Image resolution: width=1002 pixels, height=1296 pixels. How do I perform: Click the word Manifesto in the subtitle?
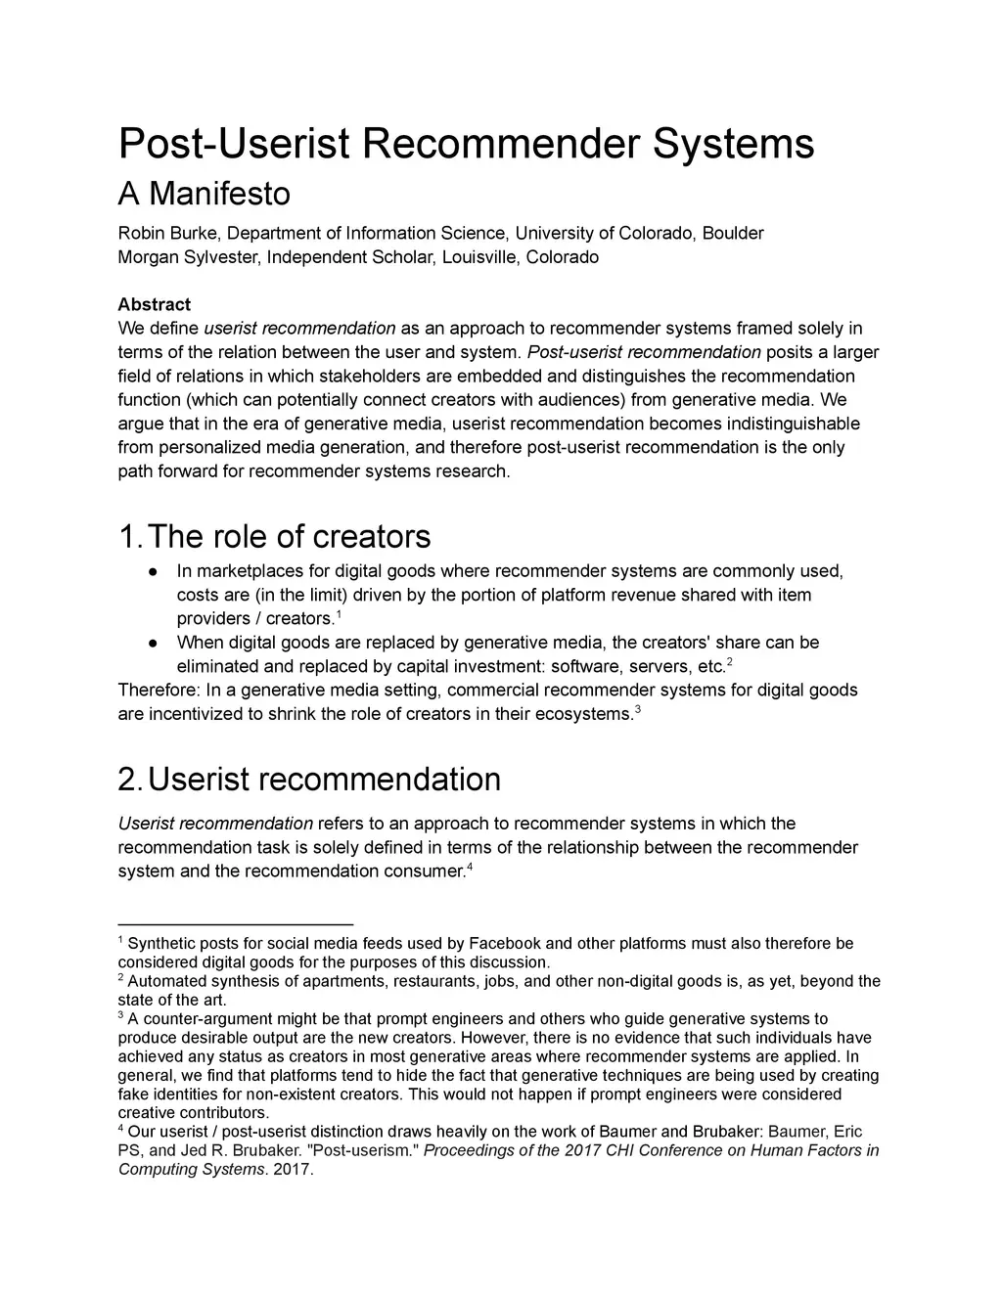pyautogui.click(x=219, y=194)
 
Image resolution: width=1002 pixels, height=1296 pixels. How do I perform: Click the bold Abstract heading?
pyautogui.click(x=155, y=304)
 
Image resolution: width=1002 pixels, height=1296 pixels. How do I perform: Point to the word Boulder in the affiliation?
pyautogui.click(x=733, y=233)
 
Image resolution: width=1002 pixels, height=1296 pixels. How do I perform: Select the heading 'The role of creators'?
pyautogui.click(x=289, y=536)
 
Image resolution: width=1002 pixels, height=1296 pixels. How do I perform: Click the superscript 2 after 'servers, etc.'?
pyautogui.click(x=730, y=662)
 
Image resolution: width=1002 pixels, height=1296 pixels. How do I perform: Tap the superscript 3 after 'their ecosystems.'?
pyautogui.click(x=638, y=709)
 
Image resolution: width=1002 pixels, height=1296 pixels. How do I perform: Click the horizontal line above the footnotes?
pyautogui.click(x=235, y=923)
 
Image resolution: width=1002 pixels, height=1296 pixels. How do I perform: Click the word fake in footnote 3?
pyautogui.click(x=134, y=1095)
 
